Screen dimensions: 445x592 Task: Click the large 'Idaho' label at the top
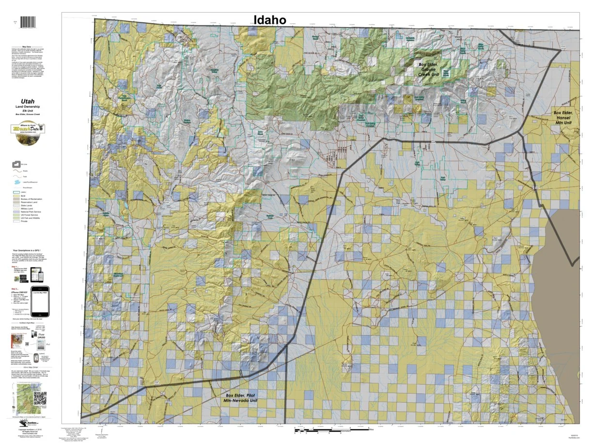pos(270,19)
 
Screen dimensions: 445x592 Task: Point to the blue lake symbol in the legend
pos(16,181)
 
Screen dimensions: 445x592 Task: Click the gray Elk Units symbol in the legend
pos(16,165)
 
